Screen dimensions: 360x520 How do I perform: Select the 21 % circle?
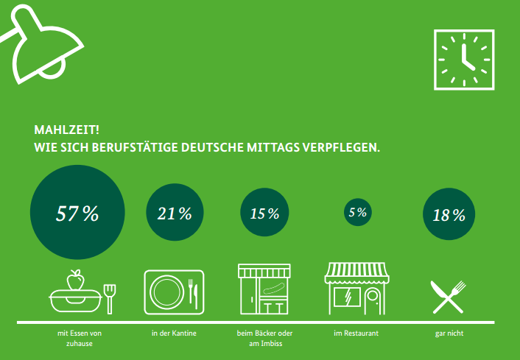(x=175, y=213)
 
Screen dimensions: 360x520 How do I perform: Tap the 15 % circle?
(x=264, y=213)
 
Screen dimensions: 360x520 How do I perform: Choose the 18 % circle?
(x=449, y=215)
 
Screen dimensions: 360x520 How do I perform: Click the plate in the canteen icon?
(x=166, y=289)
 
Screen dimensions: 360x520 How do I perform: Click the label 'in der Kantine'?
(x=174, y=334)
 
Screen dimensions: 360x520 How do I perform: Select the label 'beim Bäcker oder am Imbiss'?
(x=265, y=339)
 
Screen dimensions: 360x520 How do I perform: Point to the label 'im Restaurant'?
(x=356, y=334)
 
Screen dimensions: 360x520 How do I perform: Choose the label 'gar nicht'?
(x=449, y=334)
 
